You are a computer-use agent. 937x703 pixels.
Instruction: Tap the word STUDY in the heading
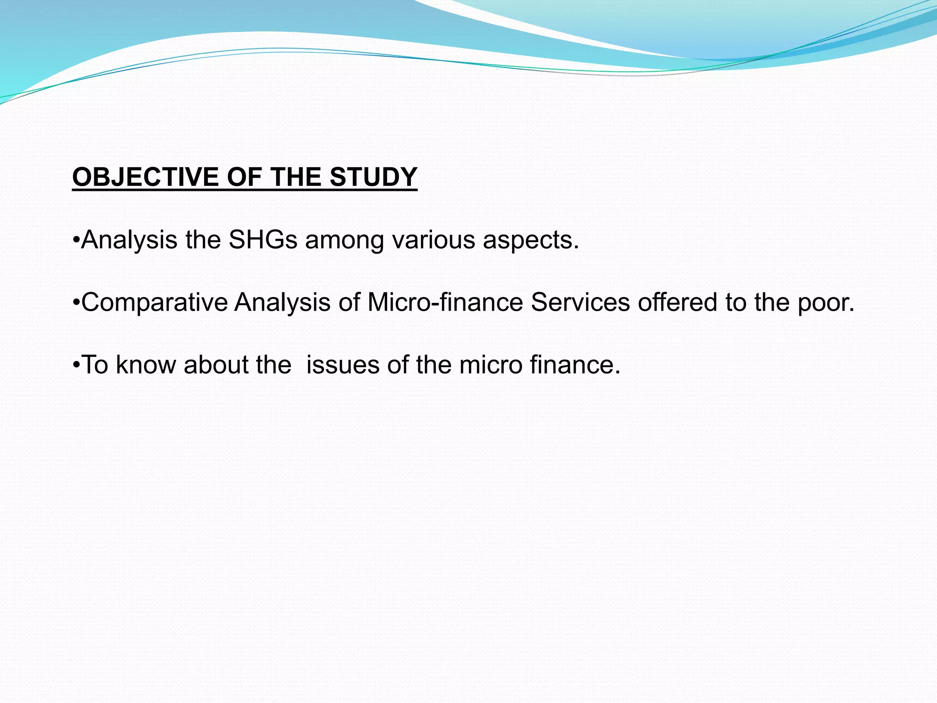coord(373,177)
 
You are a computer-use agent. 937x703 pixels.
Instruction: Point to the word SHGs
coord(263,240)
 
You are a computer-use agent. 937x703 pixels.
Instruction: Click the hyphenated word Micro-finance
coord(445,303)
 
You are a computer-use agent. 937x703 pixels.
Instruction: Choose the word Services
coord(580,303)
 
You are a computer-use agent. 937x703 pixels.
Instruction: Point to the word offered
coord(677,303)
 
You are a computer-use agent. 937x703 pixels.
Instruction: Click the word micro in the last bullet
coord(491,365)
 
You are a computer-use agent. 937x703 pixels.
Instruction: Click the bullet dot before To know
coord(76,365)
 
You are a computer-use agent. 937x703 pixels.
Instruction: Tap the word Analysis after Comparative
coord(282,303)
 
